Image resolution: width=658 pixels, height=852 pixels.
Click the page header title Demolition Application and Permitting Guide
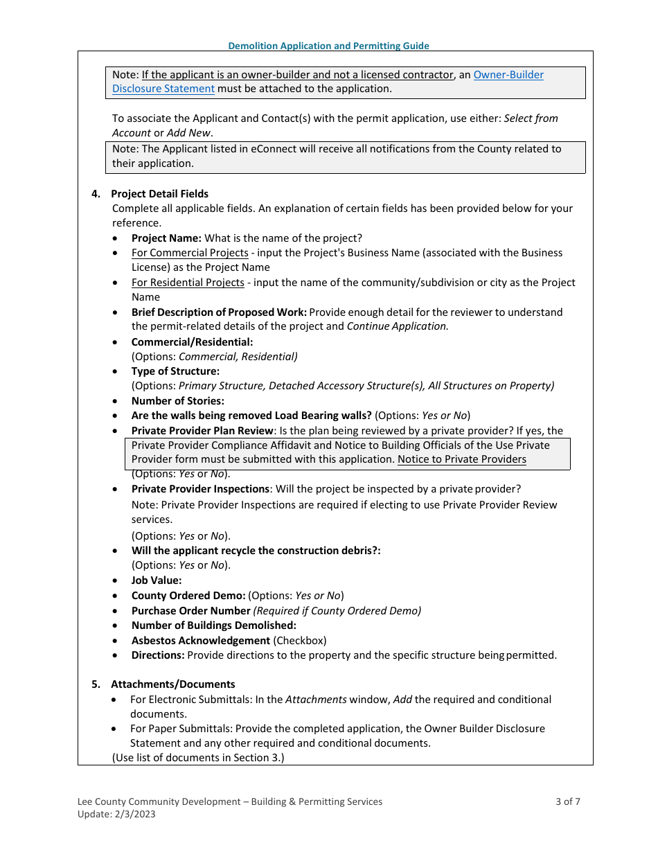pyautogui.click(x=329, y=46)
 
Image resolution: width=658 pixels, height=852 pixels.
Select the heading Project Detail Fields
pyautogui.click(x=159, y=194)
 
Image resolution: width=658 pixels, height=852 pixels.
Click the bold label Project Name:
pyautogui.click(x=166, y=238)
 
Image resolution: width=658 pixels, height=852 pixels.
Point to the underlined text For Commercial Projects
pyautogui.click(x=190, y=253)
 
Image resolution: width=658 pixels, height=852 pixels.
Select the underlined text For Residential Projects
pyautogui.click(x=188, y=283)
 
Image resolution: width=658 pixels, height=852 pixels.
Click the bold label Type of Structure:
pyautogui.click(x=175, y=371)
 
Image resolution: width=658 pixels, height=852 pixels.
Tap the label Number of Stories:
pyautogui.click(x=177, y=401)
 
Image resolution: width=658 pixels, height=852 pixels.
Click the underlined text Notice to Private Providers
pyautogui.click(x=462, y=459)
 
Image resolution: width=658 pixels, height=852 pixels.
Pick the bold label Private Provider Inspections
pyautogui.click(x=200, y=489)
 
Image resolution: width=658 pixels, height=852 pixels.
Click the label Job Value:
pyautogui.click(x=157, y=580)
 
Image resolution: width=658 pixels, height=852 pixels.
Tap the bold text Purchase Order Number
pyautogui.click(x=190, y=611)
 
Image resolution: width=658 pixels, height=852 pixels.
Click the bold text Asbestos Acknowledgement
pyautogui.click(x=201, y=641)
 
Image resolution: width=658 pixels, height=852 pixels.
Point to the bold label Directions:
pyautogui.click(x=158, y=655)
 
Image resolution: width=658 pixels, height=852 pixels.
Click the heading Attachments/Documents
pyautogui.click(x=172, y=684)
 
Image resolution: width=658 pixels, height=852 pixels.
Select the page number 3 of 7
pyautogui.click(x=567, y=801)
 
